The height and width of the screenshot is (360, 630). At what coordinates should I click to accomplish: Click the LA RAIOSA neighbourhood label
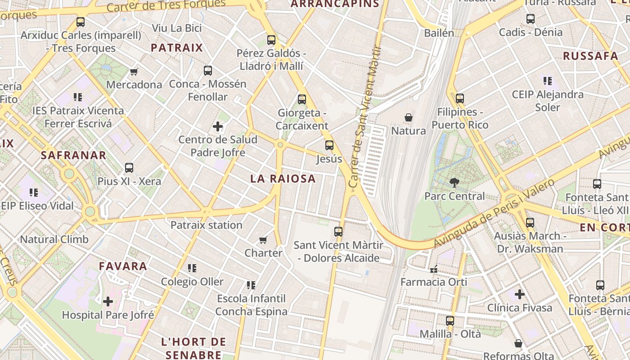click(283, 179)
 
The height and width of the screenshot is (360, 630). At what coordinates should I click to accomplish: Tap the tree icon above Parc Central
click(454, 183)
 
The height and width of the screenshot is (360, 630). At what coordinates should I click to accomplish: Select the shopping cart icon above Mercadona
click(134, 72)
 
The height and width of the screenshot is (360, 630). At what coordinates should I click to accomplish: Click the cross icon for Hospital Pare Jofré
click(108, 301)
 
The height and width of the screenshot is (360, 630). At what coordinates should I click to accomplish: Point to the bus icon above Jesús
click(329, 145)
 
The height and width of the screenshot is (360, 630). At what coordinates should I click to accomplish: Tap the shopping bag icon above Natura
click(409, 117)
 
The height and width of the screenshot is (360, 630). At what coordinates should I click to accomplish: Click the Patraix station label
click(206, 225)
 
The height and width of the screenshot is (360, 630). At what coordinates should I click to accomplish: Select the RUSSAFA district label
click(590, 56)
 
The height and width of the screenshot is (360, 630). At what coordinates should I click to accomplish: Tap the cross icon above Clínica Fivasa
click(520, 294)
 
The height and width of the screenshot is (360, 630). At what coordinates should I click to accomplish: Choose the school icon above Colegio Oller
click(192, 268)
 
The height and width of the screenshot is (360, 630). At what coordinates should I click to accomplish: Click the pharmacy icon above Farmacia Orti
click(434, 269)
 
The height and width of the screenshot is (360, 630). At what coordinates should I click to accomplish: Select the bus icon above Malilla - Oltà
click(450, 321)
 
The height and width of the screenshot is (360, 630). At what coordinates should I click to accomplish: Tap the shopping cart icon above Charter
click(263, 240)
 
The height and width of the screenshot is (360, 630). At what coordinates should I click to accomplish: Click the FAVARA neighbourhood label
click(123, 266)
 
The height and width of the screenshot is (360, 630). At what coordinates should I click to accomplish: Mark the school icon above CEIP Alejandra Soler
click(547, 81)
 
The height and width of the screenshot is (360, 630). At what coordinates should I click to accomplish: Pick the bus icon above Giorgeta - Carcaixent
click(302, 99)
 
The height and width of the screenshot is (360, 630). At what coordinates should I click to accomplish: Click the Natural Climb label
click(54, 239)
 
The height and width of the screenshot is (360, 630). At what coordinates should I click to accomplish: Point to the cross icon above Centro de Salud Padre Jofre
click(218, 126)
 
